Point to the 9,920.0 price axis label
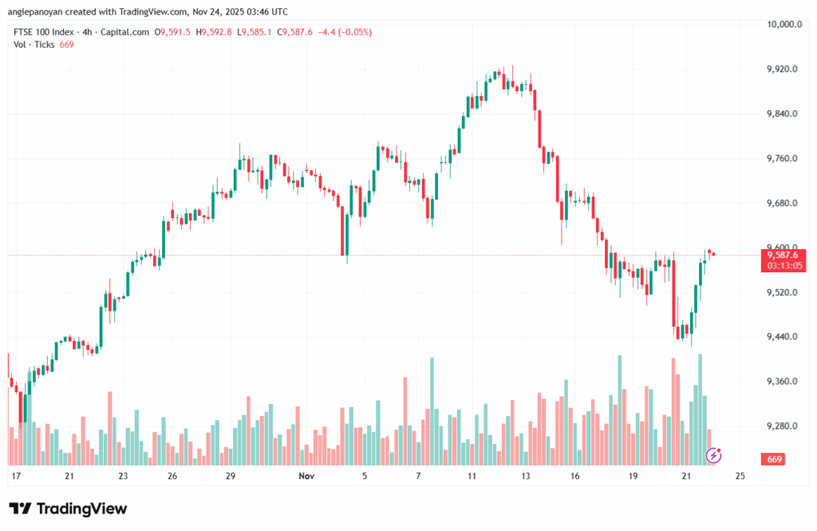point(782,69)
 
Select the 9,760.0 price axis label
point(782,159)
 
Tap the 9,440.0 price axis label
point(782,337)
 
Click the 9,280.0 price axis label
point(782,426)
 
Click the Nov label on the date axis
point(306,476)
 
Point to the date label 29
point(230,476)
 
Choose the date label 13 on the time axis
point(526,476)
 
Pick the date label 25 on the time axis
point(740,476)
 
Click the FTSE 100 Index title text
point(43,32)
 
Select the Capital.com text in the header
point(128,32)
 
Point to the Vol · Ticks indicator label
point(34,45)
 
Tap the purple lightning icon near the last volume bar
point(715,455)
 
